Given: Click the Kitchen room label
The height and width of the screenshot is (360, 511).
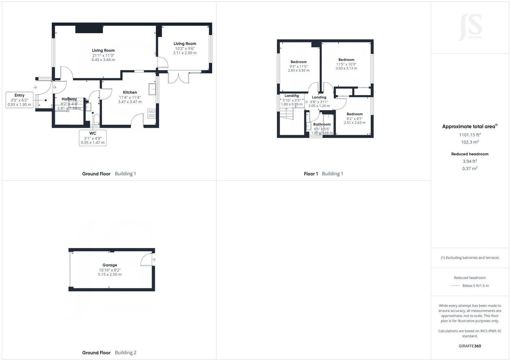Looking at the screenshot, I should pos(130,93).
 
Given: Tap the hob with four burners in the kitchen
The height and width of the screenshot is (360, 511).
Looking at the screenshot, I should pos(152,114).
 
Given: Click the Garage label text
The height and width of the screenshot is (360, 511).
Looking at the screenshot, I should pos(110,265).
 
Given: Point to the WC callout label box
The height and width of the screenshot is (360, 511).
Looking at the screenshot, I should pos(93,138).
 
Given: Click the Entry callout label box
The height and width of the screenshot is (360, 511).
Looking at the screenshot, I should pos(19,100).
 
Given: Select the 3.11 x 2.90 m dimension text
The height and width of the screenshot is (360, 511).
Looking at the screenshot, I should pos(185,53).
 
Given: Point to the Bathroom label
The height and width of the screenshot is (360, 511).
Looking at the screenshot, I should pos(322,124).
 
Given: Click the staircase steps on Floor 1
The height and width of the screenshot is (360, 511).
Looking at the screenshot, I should pos(286,114).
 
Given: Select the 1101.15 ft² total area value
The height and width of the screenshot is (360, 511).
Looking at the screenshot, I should pos(470,135).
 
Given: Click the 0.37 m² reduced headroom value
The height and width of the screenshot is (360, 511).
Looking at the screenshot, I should pos(470,169).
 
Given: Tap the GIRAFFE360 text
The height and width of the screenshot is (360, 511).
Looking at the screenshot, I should pos(470,346).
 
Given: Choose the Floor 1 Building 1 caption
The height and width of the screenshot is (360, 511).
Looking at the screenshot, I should pos(323,174).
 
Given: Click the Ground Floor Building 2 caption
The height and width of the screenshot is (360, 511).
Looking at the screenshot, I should pos(109,353).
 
